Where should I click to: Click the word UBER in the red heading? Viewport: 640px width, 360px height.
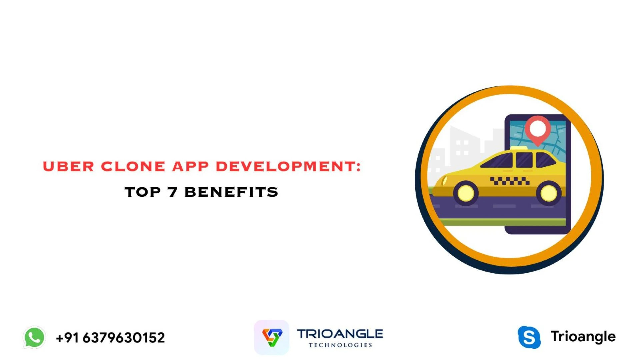click(x=68, y=166)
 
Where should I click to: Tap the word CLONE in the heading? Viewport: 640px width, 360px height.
click(x=133, y=166)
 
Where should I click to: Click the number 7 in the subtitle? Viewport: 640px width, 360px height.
click(x=172, y=192)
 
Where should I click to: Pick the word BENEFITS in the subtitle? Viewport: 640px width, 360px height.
click(x=231, y=192)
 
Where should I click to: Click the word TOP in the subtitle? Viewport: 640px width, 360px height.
click(x=143, y=192)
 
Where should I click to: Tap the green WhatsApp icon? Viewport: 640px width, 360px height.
click(x=34, y=337)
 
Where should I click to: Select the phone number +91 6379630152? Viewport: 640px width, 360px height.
click(x=110, y=338)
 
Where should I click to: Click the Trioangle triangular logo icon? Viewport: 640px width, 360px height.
click(x=272, y=337)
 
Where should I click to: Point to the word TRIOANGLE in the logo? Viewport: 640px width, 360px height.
click(x=340, y=334)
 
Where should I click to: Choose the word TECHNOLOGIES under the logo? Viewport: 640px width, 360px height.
click(x=340, y=345)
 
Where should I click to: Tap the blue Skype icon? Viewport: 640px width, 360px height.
click(x=529, y=337)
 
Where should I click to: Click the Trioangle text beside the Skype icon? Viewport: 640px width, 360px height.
click(x=583, y=337)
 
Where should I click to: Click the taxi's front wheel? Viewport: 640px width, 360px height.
click(x=466, y=193)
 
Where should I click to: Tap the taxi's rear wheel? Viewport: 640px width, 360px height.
click(x=548, y=193)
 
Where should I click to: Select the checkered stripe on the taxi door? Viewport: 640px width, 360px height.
click(x=510, y=181)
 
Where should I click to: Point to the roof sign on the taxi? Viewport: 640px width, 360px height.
click(x=519, y=148)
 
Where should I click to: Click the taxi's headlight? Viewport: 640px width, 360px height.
click(x=444, y=181)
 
